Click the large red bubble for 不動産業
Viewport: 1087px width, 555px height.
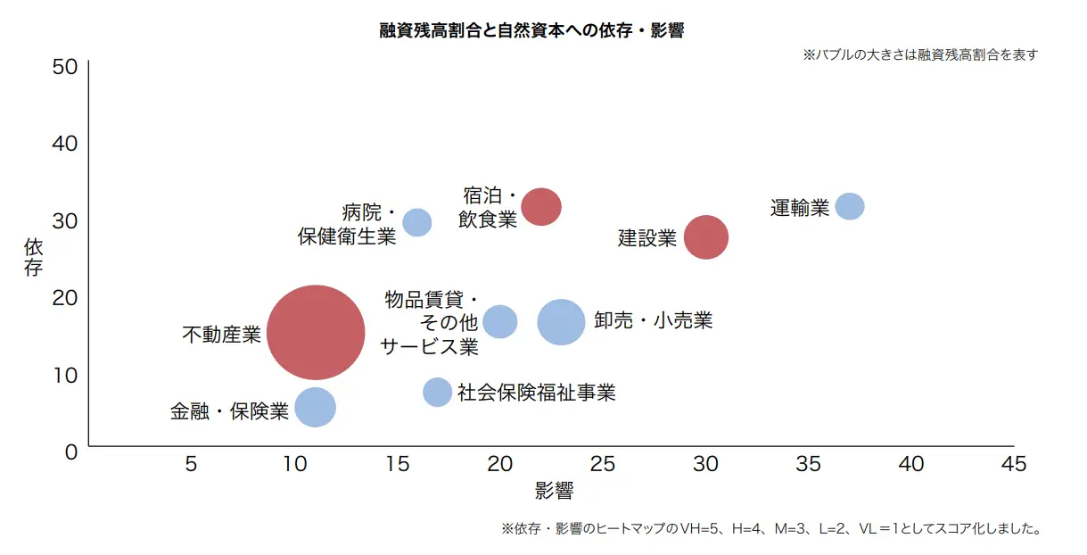click(316, 333)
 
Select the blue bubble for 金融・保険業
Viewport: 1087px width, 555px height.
click(315, 408)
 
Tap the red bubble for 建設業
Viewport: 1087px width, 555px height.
click(706, 237)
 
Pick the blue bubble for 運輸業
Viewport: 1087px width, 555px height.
click(850, 206)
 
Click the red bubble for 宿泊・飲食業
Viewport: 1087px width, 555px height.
click(541, 206)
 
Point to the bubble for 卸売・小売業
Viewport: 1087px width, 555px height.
click(562, 322)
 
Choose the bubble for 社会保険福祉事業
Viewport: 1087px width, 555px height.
click(437, 392)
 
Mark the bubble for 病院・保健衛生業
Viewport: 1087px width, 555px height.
click(417, 222)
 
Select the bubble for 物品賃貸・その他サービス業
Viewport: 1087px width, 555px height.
click(500, 321)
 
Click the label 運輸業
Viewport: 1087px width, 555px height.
click(800, 209)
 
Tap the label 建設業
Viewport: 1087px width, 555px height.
click(647, 238)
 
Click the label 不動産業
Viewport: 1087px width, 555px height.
click(221, 335)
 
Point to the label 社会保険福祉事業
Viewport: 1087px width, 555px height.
click(536, 392)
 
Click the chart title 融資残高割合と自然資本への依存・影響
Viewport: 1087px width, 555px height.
click(531, 30)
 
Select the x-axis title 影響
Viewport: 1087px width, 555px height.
click(554, 490)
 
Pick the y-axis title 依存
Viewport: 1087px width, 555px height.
click(33, 257)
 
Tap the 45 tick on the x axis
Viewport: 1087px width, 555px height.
click(1013, 464)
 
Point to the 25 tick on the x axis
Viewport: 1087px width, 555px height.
click(603, 464)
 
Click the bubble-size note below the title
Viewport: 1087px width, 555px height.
click(920, 54)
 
